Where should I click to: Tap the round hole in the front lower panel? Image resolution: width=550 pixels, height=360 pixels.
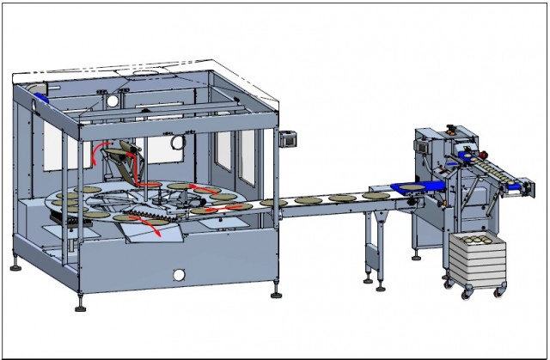coord(179,276)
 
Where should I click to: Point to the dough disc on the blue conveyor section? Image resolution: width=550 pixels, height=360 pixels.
coord(411,186)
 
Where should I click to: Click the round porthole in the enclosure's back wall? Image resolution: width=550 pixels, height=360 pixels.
coord(178,141)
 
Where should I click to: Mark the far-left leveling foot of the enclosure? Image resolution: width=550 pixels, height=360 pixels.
coord(15,266)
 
